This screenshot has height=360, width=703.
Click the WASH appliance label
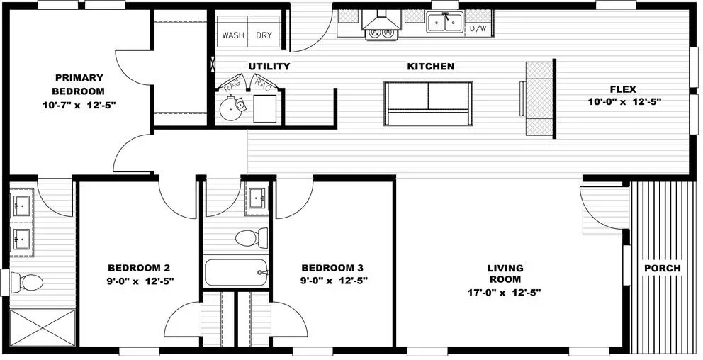point(233,35)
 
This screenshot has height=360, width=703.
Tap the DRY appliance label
point(264,35)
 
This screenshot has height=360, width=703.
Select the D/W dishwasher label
point(478,29)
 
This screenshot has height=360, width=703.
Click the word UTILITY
point(269,67)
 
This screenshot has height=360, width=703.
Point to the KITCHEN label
point(430,67)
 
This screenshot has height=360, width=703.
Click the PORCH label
point(662,269)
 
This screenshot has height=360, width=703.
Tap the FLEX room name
point(624,89)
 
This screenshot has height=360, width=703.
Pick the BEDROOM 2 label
point(139,268)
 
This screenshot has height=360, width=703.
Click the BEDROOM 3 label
point(332,268)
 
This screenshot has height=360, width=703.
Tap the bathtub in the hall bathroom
point(235,272)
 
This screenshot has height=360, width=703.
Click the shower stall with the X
point(42,327)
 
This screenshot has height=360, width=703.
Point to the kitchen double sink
point(444,23)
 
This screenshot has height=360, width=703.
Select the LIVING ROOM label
point(505,274)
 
